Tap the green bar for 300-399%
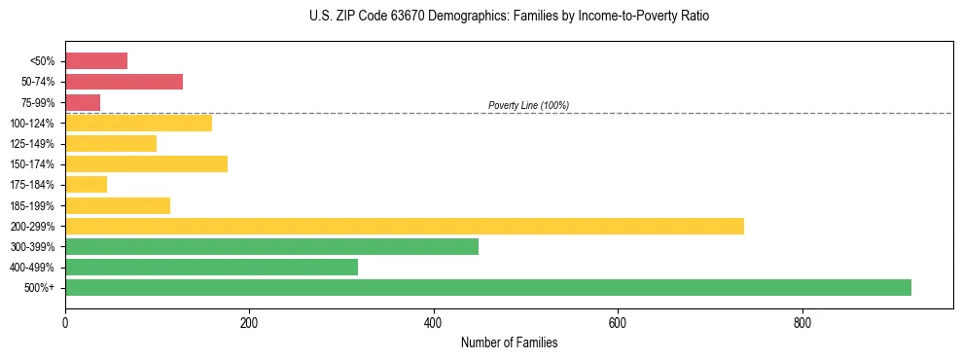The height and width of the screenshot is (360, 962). click(x=271, y=246)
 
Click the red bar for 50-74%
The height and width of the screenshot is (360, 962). click(x=124, y=82)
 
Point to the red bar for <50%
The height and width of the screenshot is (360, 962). click(x=96, y=61)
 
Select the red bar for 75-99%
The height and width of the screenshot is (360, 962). click(x=83, y=102)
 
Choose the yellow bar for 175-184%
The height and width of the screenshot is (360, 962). click(x=86, y=184)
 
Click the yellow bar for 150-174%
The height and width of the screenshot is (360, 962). click(x=146, y=163)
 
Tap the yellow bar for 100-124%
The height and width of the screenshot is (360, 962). click(x=138, y=123)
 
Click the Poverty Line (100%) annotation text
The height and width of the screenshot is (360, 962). click(x=528, y=105)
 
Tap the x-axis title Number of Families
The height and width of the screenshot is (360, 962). click(x=509, y=342)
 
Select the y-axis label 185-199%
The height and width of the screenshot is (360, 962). click(x=32, y=205)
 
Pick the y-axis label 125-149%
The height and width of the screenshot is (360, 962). click(x=32, y=144)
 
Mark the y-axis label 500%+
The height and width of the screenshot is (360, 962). click(x=39, y=288)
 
